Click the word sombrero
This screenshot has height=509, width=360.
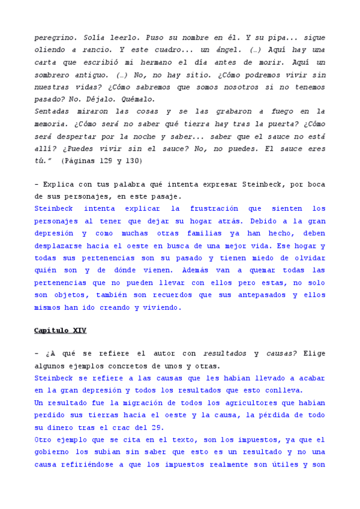coord(55,74)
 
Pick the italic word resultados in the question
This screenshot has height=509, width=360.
coord(223,354)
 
